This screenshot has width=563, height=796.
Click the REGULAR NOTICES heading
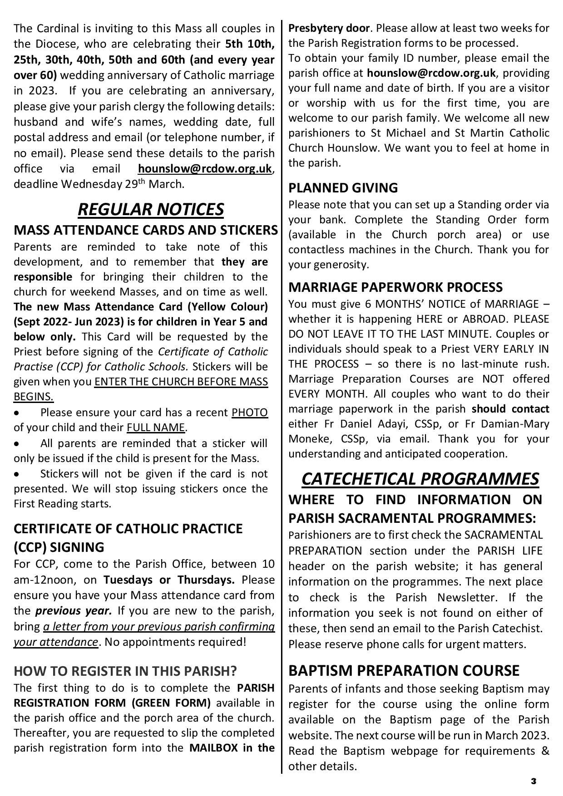151,210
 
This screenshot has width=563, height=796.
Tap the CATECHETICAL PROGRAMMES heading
420,479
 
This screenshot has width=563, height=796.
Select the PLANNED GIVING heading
343,188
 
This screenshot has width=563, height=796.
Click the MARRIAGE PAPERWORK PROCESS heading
395,287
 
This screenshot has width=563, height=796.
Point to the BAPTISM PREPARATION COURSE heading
404,671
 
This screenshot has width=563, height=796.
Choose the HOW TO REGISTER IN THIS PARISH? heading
125,671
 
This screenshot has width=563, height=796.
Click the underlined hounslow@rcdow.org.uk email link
205,169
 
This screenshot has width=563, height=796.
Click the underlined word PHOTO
249,413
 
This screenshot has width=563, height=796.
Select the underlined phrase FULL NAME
156,427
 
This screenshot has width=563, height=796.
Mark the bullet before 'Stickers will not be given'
17,475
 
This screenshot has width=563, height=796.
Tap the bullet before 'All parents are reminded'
17,444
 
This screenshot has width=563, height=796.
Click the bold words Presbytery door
329,28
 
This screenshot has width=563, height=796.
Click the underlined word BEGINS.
33,397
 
